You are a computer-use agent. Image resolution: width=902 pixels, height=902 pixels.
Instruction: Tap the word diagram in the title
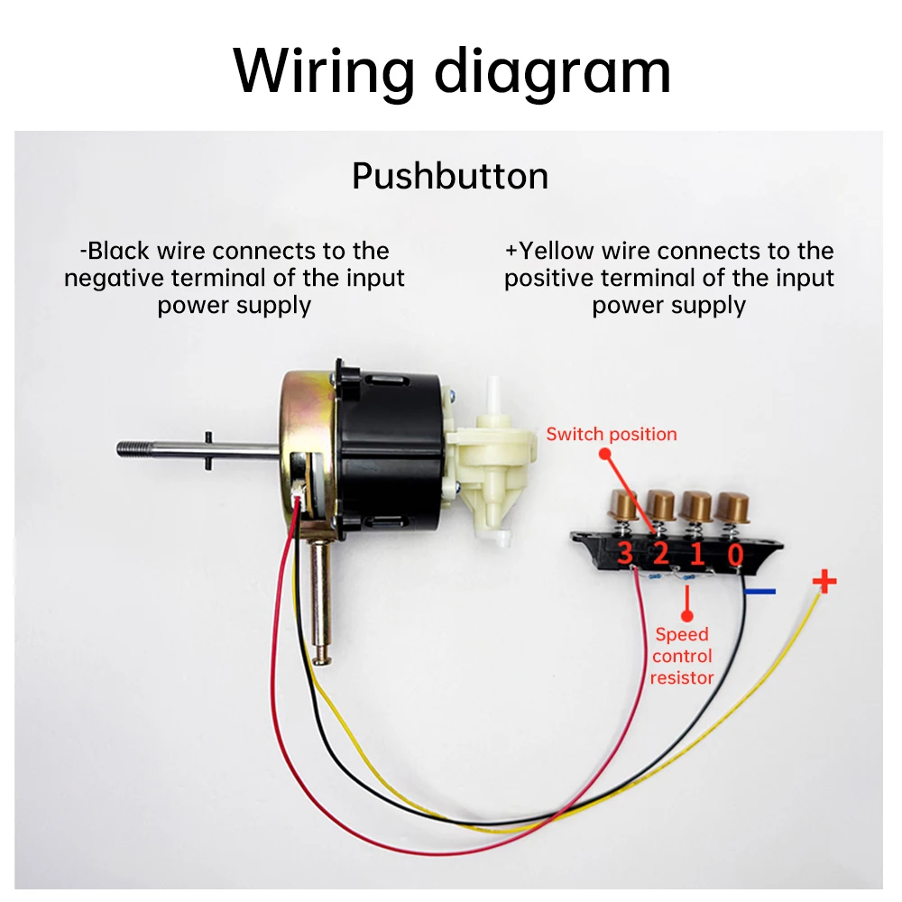pyautogui.click(x=553, y=71)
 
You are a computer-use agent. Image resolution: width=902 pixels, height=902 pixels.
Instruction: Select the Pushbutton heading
pyautogui.click(x=450, y=176)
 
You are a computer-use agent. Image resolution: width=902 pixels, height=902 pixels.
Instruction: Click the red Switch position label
pyautogui.click(x=611, y=434)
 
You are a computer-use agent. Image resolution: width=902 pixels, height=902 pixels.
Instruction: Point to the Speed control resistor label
pyautogui.click(x=682, y=656)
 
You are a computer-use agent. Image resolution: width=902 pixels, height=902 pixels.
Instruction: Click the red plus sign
pyautogui.click(x=824, y=581)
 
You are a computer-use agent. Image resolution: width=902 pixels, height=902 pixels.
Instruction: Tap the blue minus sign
pyautogui.click(x=760, y=593)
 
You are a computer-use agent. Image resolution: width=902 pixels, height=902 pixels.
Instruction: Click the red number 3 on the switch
pyautogui.click(x=624, y=553)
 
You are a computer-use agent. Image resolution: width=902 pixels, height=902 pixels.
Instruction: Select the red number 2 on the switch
pyautogui.click(x=660, y=553)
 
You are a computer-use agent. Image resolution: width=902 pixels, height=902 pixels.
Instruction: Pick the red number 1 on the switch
pyautogui.click(x=696, y=553)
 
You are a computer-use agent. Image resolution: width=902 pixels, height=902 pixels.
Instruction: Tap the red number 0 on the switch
pyautogui.click(x=736, y=554)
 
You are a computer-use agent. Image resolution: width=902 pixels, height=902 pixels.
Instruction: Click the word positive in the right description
pyautogui.click(x=549, y=278)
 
